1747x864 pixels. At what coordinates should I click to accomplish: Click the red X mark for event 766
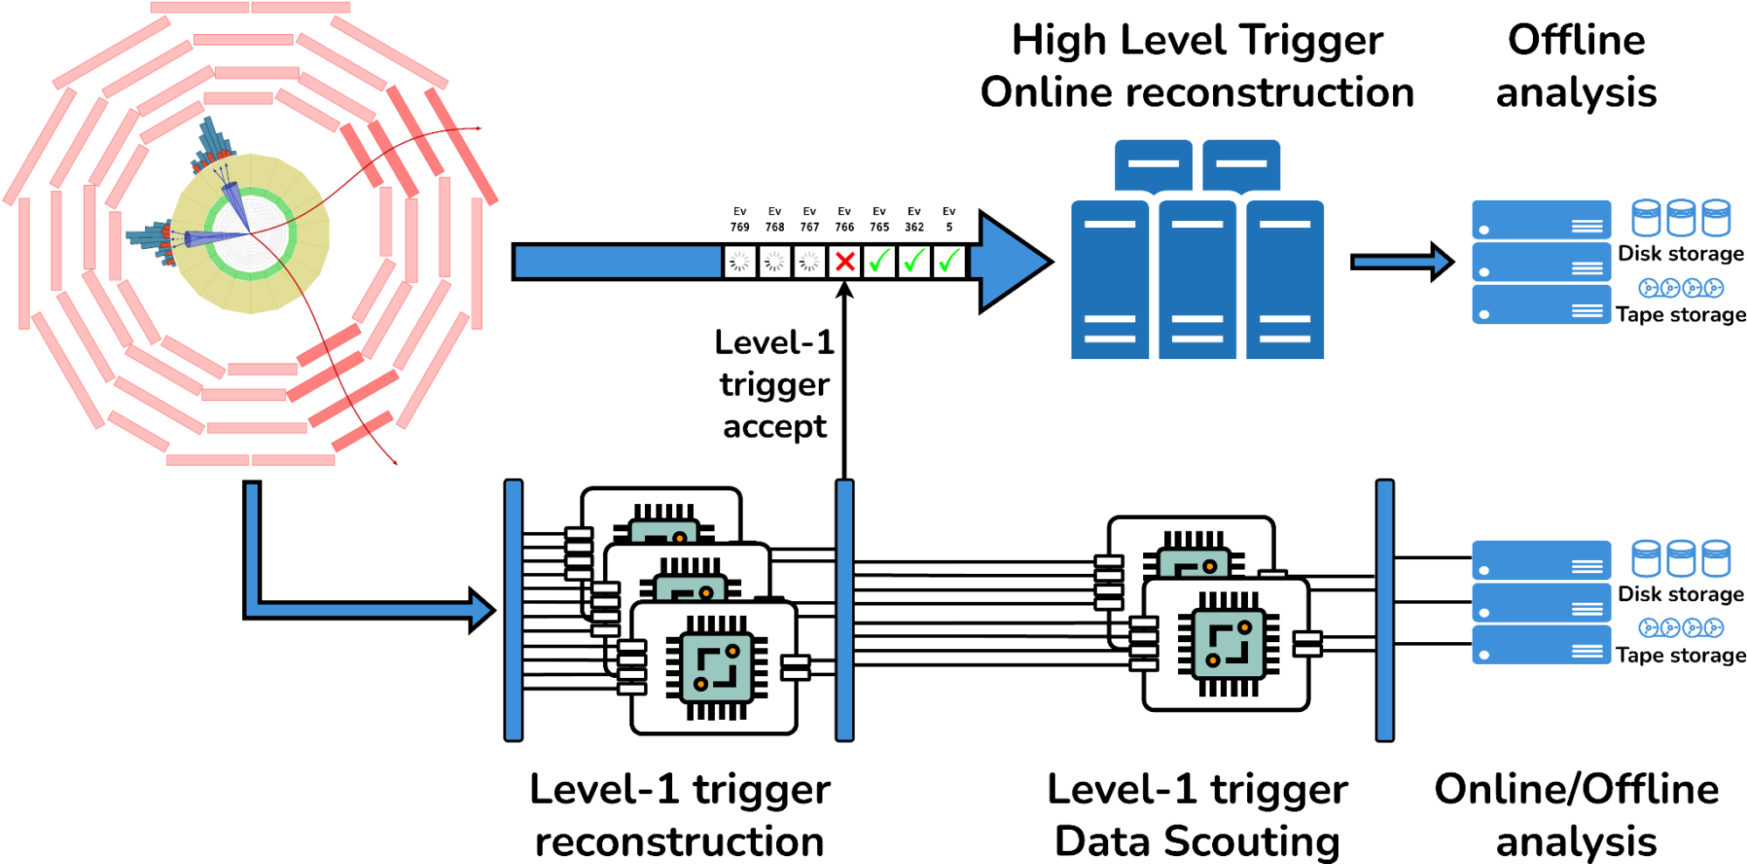[x=844, y=261]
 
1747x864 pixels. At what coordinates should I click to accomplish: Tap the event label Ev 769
[x=739, y=219]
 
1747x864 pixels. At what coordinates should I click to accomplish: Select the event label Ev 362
[x=913, y=219]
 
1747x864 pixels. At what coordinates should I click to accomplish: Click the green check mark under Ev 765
[x=879, y=261]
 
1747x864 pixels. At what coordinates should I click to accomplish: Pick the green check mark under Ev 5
[x=949, y=261]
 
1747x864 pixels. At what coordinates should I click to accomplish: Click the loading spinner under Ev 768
[x=774, y=261]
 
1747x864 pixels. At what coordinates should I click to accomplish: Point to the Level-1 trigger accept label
[x=774, y=384]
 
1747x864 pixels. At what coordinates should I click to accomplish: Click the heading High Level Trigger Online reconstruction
[x=1196, y=66]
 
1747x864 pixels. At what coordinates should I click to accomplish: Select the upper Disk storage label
[x=1680, y=254]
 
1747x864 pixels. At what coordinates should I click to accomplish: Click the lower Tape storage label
[x=1680, y=655]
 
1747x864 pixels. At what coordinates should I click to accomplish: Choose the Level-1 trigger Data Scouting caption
[x=1196, y=815]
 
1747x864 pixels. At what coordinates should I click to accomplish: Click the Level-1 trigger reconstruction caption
[x=680, y=815]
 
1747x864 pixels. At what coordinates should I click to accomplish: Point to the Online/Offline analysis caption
[x=1576, y=815]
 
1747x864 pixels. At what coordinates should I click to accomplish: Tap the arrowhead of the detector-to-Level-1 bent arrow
[x=482, y=610]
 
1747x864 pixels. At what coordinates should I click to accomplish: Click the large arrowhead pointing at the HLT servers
[x=1014, y=261]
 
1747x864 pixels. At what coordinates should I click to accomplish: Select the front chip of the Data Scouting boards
[x=1228, y=645]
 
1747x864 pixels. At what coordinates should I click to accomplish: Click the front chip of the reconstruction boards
[x=716, y=668]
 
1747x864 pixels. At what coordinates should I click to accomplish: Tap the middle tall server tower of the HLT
[x=1196, y=280]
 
